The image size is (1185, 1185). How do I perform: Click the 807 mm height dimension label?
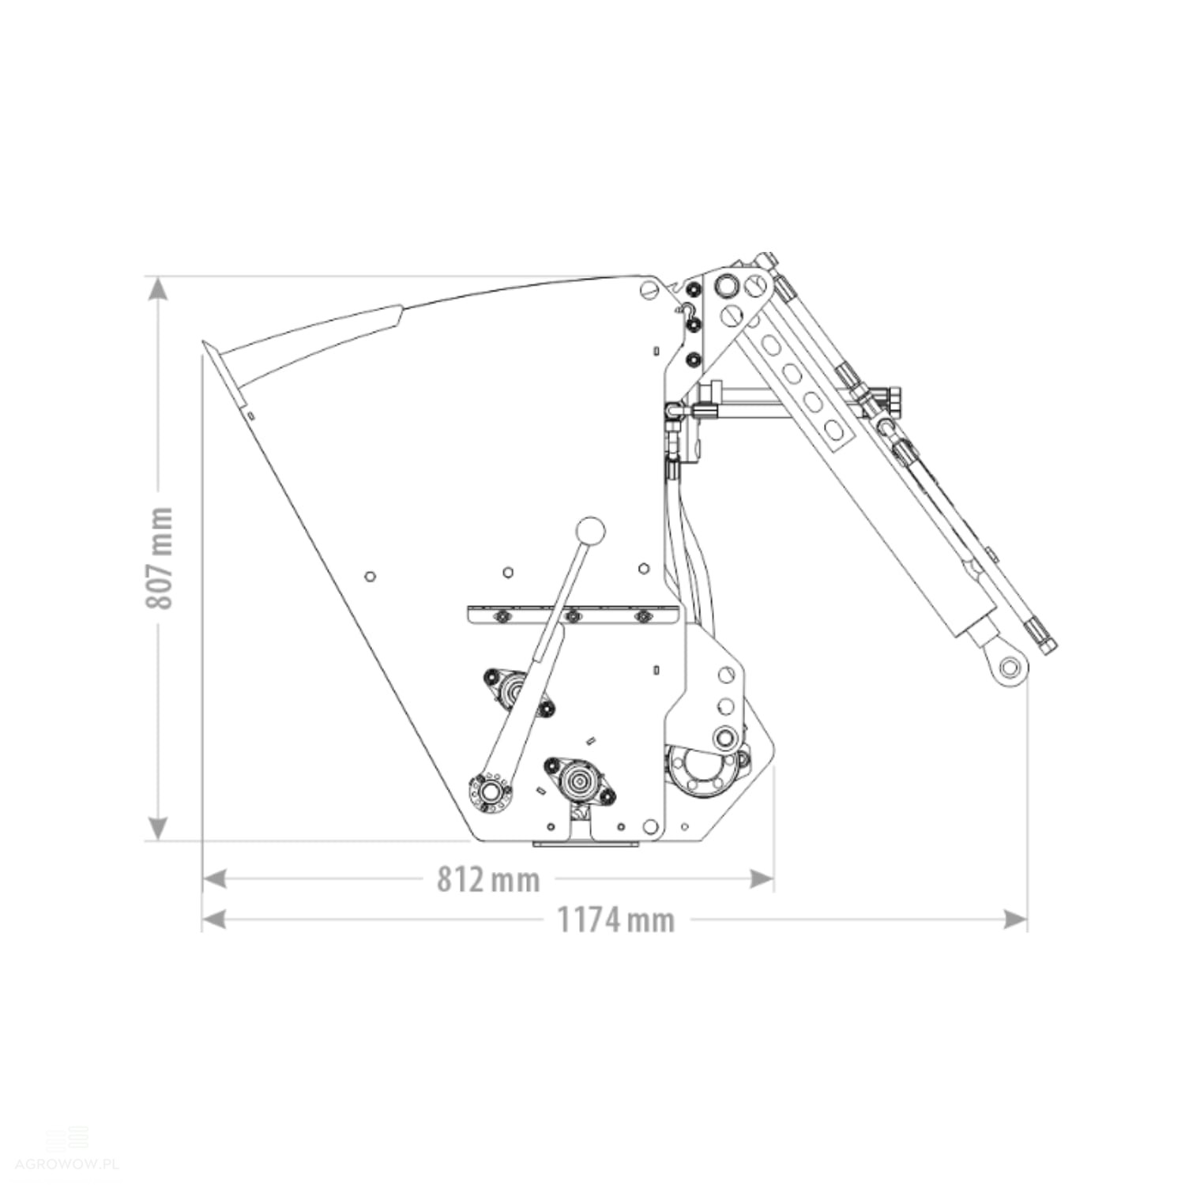click(160, 558)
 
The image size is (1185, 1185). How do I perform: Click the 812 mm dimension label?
click(488, 879)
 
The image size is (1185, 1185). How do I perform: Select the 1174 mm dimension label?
click(616, 920)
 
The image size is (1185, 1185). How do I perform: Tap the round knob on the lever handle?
click(590, 531)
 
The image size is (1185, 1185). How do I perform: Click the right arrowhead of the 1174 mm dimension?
click(1015, 919)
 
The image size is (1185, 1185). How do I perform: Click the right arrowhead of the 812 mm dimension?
click(761, 878)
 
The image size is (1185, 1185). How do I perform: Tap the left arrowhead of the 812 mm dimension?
click(215, 878)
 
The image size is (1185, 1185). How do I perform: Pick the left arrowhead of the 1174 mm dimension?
click(215, 919)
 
